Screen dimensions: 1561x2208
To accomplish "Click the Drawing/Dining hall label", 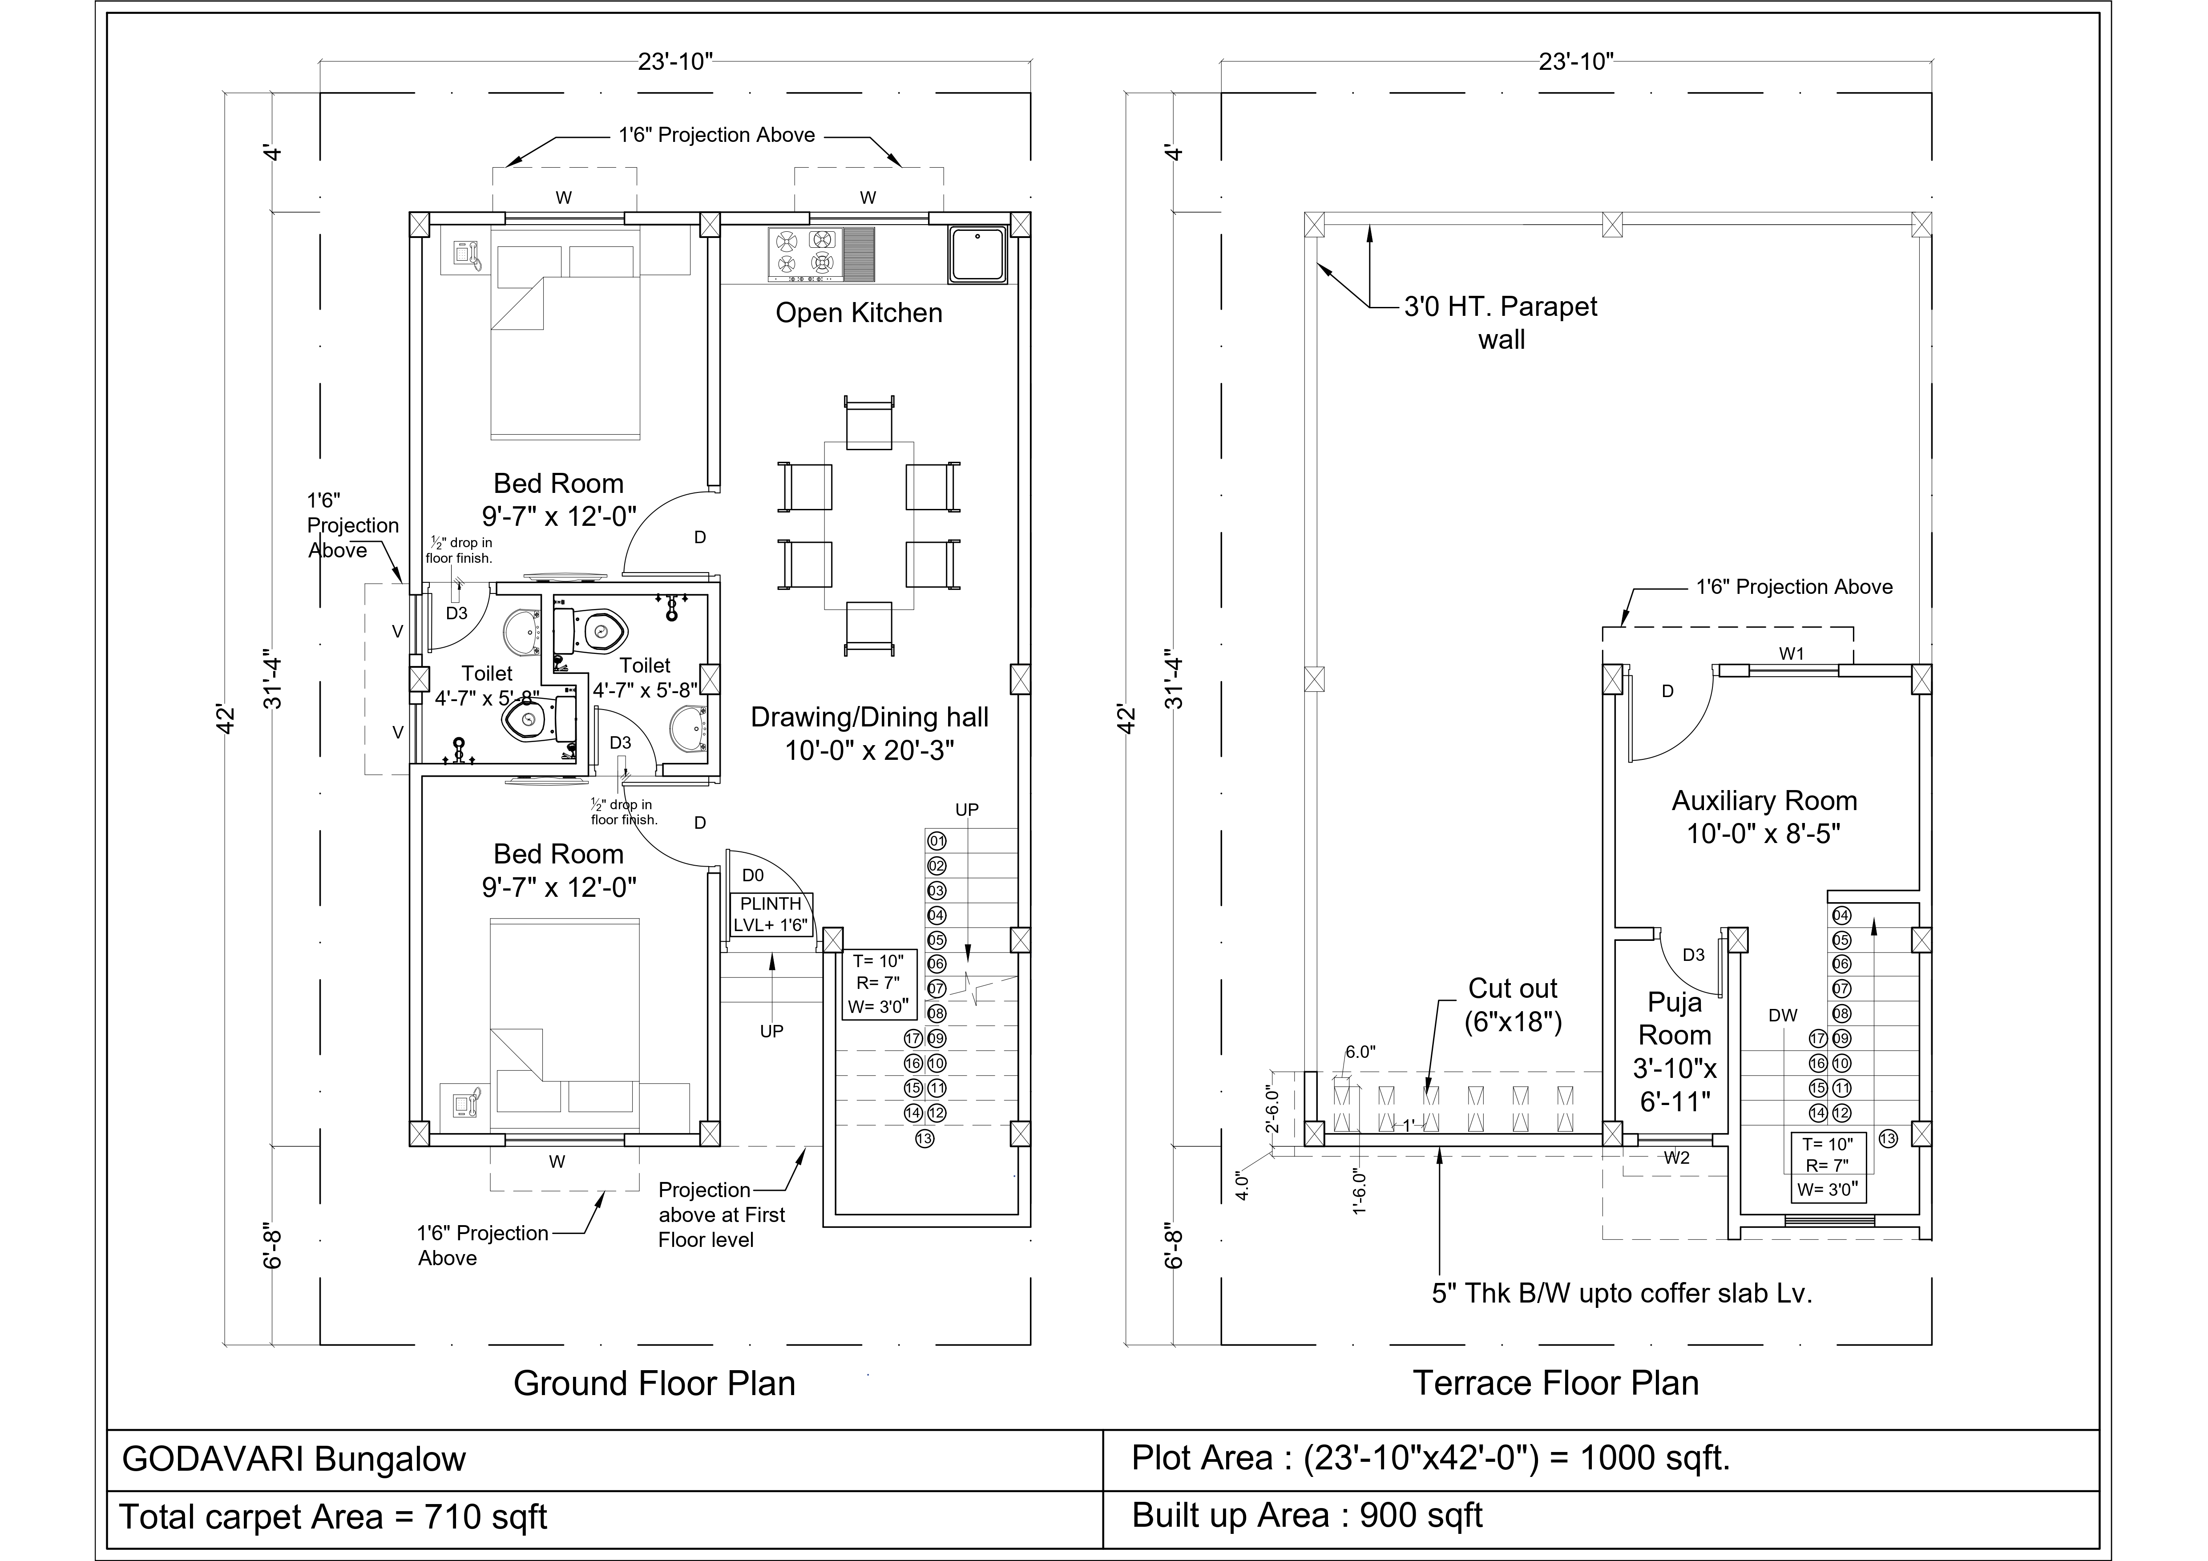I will (869, 733).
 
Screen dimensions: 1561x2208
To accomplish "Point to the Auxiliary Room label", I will (1764, 817).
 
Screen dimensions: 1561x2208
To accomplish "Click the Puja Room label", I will (1674, 1051).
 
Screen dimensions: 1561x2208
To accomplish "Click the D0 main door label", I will (753, 875).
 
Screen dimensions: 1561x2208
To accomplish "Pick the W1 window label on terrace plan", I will (1791, 654).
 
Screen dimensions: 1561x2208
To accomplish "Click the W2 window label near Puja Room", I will (1676, 1158).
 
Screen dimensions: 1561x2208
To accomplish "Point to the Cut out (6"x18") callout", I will (1513, 1005).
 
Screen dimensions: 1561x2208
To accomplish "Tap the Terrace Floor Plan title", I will (1555, 1383).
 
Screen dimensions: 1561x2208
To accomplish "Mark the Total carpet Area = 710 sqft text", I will (333, 1517).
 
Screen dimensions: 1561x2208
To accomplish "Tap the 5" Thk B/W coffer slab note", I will (1621, 1294).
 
